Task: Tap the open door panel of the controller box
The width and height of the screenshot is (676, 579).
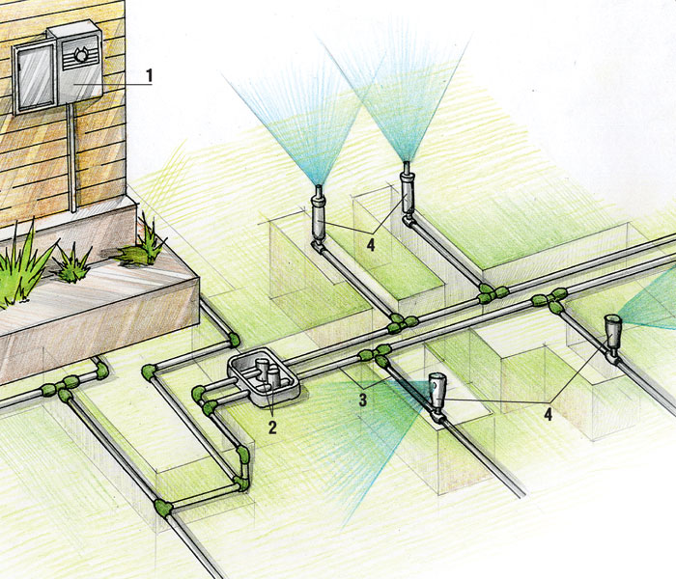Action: coord(33,77)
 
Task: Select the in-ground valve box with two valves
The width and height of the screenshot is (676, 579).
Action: coord(265,376)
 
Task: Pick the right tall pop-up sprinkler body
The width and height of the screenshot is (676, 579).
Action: coord(407,198)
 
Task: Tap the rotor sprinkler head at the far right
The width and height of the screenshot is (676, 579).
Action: coord(610,333)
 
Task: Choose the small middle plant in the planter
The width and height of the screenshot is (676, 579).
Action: coord(71,262)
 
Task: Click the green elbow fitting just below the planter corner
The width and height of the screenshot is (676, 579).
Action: coord(233,340)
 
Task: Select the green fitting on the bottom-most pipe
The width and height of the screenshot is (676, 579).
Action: coord(164,507)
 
